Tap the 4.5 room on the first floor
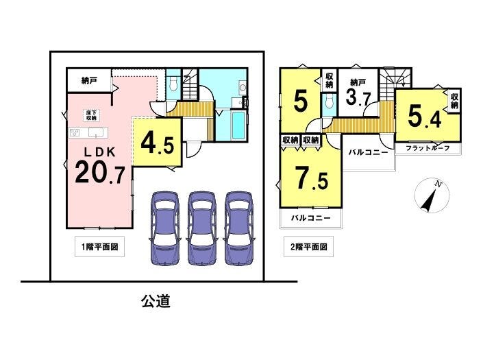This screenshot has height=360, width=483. point(157,143)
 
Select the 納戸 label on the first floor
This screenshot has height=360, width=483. point(89,81)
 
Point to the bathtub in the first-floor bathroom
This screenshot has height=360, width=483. point(238,125)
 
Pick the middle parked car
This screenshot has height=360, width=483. point(201,228)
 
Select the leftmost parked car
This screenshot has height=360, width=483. point(165,228)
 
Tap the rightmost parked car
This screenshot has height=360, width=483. point(238,228)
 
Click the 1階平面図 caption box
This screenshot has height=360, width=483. point(99,247)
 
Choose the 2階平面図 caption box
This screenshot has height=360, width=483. point(308,247)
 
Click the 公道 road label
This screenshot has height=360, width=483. point(156,301)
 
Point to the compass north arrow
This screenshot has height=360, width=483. point(430,199)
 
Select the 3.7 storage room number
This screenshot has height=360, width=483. point(358,97)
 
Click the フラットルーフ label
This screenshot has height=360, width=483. point(428,148)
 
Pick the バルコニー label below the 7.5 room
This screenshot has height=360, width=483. point(310,218)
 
